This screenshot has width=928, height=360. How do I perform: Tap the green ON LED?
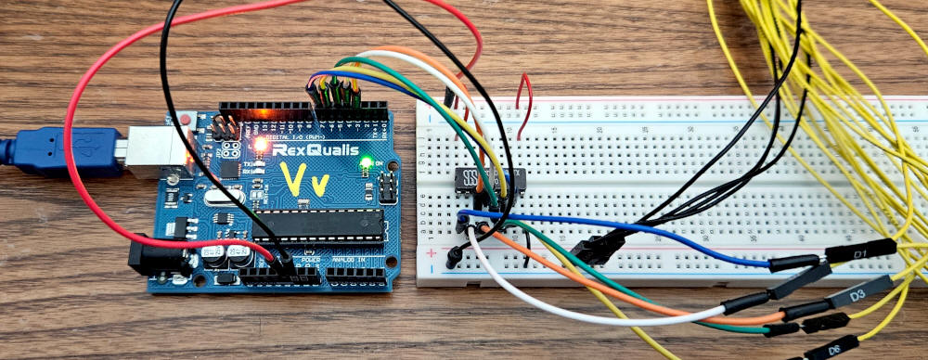(x=367, y=164)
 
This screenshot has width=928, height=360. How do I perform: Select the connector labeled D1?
(x=860, y=251)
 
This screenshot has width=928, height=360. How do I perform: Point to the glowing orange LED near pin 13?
(x=260, y=144)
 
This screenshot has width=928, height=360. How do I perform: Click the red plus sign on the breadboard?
(x=430, y=252)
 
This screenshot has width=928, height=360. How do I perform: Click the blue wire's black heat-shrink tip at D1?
(x=795, y=264)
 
